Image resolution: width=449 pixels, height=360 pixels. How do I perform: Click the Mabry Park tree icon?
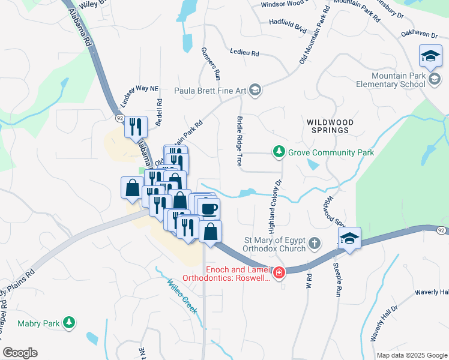coord(70,323)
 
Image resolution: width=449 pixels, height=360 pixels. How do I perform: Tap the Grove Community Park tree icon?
coord(279,152)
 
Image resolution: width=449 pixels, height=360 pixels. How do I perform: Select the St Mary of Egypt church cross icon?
coord(314,244)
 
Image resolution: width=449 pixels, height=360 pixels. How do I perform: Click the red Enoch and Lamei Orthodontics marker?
coord(279,274)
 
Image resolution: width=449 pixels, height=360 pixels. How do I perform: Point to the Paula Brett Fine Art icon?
coord(255,91)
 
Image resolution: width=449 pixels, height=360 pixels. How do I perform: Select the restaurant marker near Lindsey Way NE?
coord(136,127)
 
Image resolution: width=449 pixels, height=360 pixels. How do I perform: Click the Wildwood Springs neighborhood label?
coord(328,125)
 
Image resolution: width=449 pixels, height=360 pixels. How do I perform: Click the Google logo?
coord(20,353)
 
